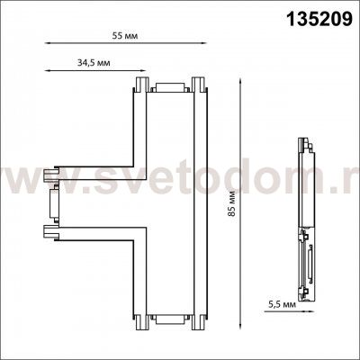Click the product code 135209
coord(319,19)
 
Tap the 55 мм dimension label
coord(125,36)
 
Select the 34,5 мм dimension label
coord(94,63)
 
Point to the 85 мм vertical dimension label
coord(231,205)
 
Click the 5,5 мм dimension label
coord(282,304)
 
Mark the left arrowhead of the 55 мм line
coord(48,43)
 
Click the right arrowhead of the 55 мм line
coord(203,43)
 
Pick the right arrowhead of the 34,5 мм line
coord(142,71)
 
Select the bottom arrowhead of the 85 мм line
coord(239,326)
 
